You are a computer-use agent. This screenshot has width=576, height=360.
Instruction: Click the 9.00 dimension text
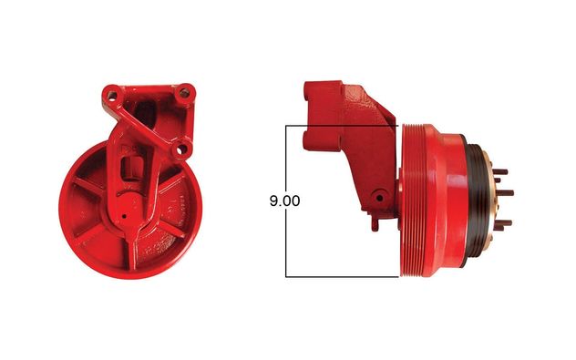click(284, 201)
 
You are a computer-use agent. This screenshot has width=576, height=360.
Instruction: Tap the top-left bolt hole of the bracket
click(112, 96)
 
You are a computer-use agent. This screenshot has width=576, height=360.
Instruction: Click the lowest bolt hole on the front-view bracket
click(181, 149)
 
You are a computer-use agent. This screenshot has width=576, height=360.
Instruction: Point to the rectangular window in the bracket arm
click(130, 169)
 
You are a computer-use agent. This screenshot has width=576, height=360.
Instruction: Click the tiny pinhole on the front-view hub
click(124, 216)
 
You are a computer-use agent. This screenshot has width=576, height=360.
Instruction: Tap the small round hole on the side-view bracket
click(380, 198)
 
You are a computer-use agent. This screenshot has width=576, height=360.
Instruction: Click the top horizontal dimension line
click(342, 126)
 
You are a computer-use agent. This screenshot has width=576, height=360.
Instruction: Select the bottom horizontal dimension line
click(342, 276)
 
